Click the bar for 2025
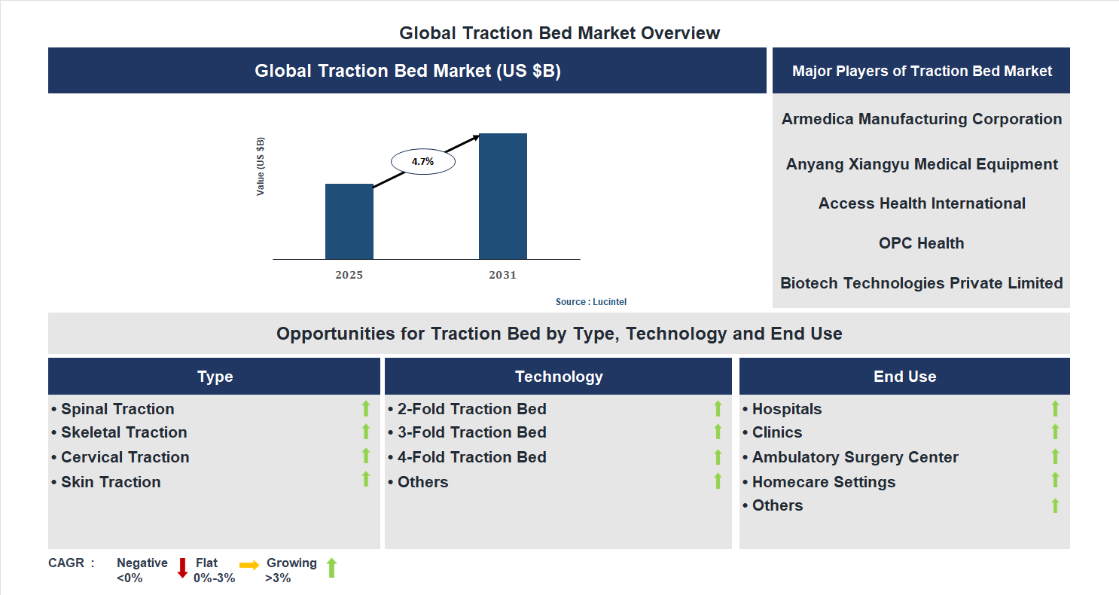tap(349, 221)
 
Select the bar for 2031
tap(502, 197)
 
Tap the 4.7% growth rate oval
tap(422, 161)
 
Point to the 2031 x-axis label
tap(502, 275)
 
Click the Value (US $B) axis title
tap(261, 166)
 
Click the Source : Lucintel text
tap(591, 302)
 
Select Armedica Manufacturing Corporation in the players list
tap(921, 119)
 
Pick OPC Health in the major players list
tap(921, 243)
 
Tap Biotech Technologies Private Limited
tap(921, 283)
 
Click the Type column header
tap(215, 377)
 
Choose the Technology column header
tap(559, 377)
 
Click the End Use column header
tap(904, 377)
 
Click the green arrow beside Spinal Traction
tap(366, 408)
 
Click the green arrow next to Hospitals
tap(1055, 408)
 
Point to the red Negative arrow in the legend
tap(182, 568)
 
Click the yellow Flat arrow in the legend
tap(249, 565)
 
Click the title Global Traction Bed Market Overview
tap(559, 33)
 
